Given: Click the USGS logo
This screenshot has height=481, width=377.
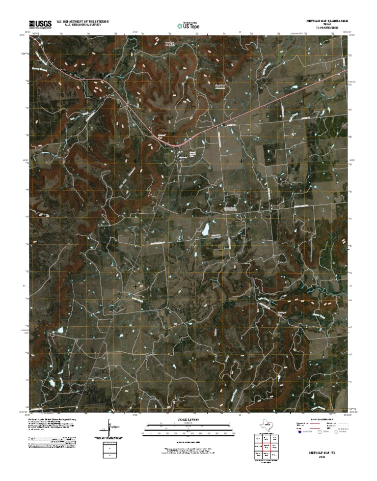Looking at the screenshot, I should (41, 23).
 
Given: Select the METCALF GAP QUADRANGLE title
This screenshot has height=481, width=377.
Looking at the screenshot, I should (322, 22).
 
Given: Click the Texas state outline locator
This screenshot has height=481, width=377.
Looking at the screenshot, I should (267, 425).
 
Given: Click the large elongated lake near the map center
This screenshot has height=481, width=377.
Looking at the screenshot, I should (207, 229).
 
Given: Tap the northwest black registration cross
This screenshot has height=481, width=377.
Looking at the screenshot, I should (135, 161).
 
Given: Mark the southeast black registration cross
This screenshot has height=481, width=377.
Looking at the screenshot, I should (242, 286).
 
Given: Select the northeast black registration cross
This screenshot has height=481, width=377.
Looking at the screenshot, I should (242, 161).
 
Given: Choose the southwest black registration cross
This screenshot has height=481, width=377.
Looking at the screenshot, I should (135, 286).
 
